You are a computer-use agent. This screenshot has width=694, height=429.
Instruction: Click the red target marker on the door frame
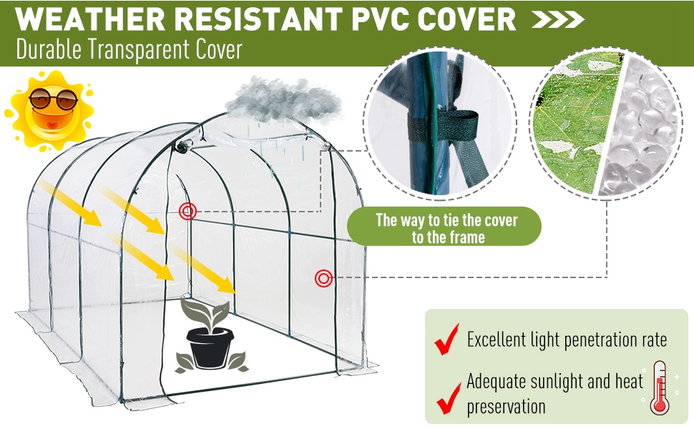coord(188,211)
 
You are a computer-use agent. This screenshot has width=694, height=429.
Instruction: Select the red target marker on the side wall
coord(323,277)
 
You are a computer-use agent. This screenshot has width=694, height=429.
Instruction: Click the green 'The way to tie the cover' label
coord(444,227)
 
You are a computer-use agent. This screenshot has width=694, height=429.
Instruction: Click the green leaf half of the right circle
coord(572,125)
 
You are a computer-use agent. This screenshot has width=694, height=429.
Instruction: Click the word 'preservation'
coord(506,408)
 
